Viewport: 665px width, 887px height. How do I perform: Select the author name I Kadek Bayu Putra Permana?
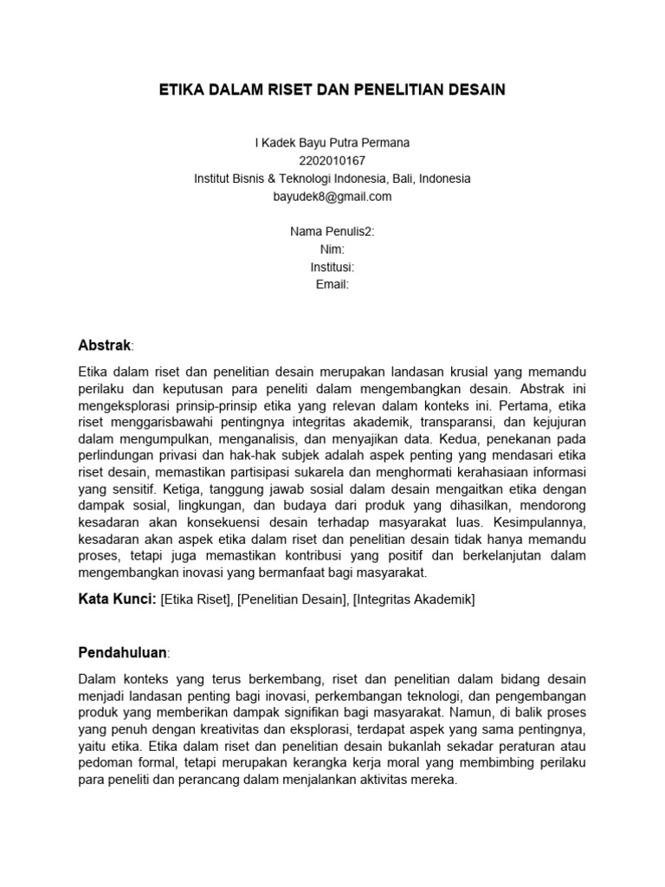point(332,143)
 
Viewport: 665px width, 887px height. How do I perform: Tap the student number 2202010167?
point(332,160)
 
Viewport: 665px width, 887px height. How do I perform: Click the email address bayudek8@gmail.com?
point(332,196)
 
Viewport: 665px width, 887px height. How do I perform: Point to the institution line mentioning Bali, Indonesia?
point(332,178)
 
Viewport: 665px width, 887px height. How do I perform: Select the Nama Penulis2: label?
point(332,232)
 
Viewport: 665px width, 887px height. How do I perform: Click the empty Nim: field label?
point(332,249)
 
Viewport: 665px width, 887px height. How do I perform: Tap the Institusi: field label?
point(332,267)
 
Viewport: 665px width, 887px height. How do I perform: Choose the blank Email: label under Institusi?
point(332,284)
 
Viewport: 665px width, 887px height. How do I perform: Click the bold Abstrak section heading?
point(105,346)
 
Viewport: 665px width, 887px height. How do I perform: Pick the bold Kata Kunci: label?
point(117,599)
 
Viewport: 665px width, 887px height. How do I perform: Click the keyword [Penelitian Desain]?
point(294,599)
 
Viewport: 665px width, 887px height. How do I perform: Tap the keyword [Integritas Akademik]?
point(414,599)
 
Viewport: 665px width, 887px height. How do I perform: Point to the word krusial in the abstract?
point(463,372)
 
